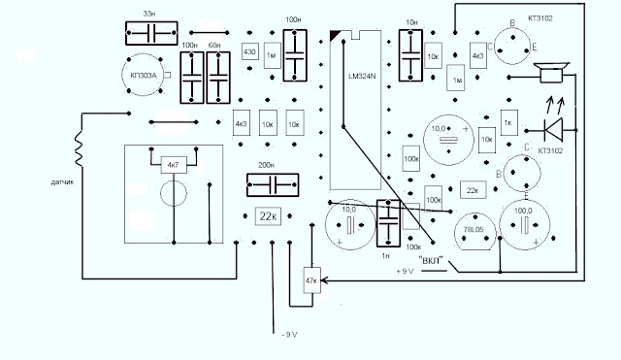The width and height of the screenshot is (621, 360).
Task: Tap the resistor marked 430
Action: (248, 52)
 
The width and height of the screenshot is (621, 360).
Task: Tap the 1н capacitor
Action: (389, 225)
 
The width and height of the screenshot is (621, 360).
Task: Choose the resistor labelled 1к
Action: (507, 122)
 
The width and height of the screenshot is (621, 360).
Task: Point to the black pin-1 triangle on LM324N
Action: (335, 37)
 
